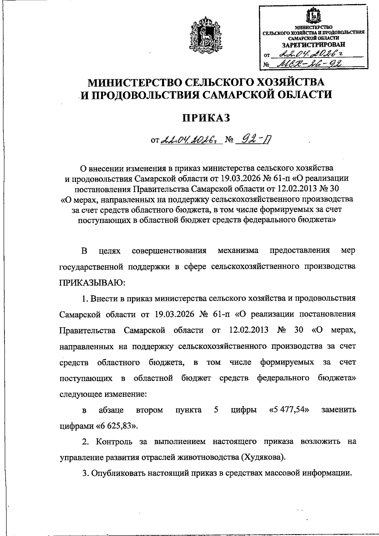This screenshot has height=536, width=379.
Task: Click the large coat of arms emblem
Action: click(x=203, y=35)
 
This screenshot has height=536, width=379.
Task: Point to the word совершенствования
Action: click(x=169, y=250)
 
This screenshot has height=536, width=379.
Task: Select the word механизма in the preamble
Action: click(x=238, y=250)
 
